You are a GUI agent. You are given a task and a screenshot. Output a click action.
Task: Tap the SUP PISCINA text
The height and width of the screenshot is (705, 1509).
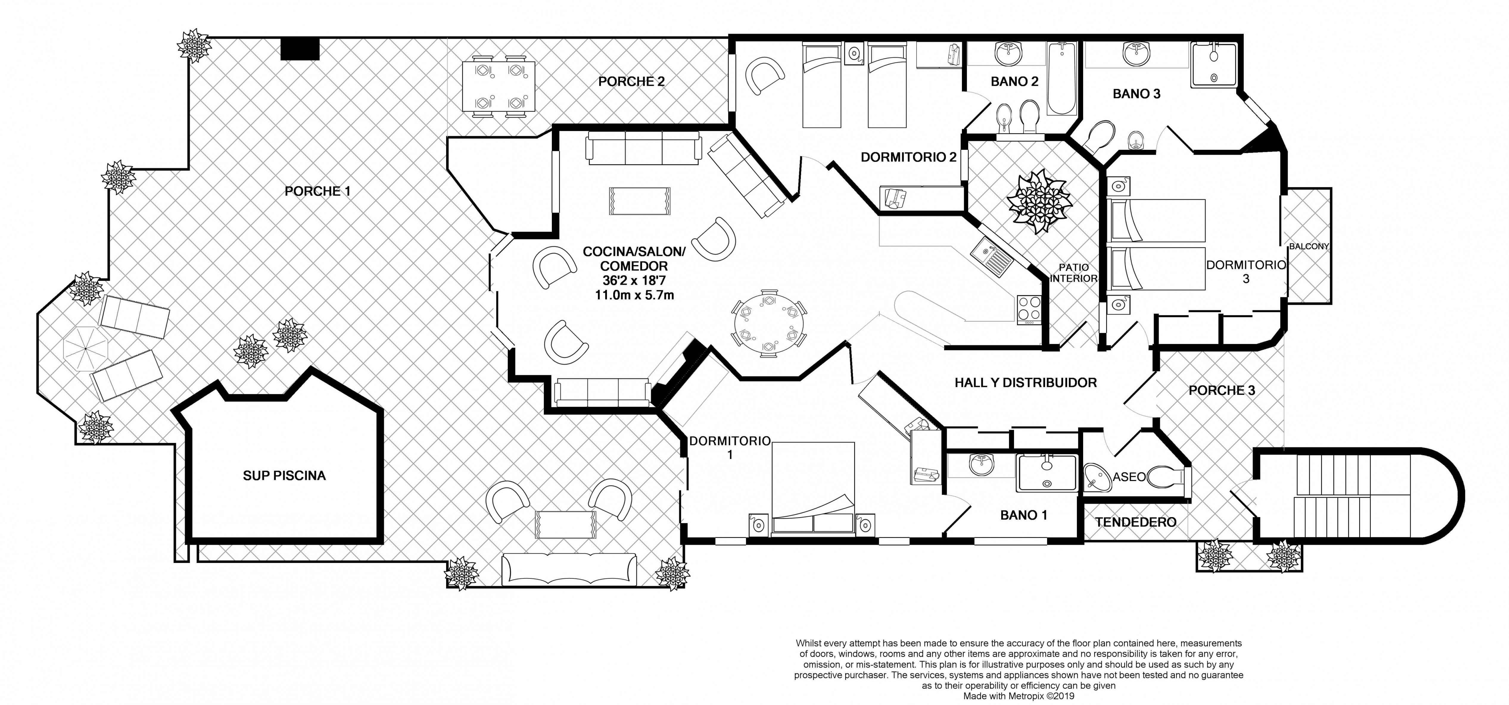(284, 475)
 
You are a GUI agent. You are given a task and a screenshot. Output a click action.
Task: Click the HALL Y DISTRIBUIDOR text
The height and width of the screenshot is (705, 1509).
(1025, 383)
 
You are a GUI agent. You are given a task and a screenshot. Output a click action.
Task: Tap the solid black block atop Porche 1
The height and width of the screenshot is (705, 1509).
(300, 49)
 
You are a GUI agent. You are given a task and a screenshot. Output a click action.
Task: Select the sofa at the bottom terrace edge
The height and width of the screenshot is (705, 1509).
(569, 569)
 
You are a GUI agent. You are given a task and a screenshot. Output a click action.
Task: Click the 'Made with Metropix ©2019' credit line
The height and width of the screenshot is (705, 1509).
(1019, 696)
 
